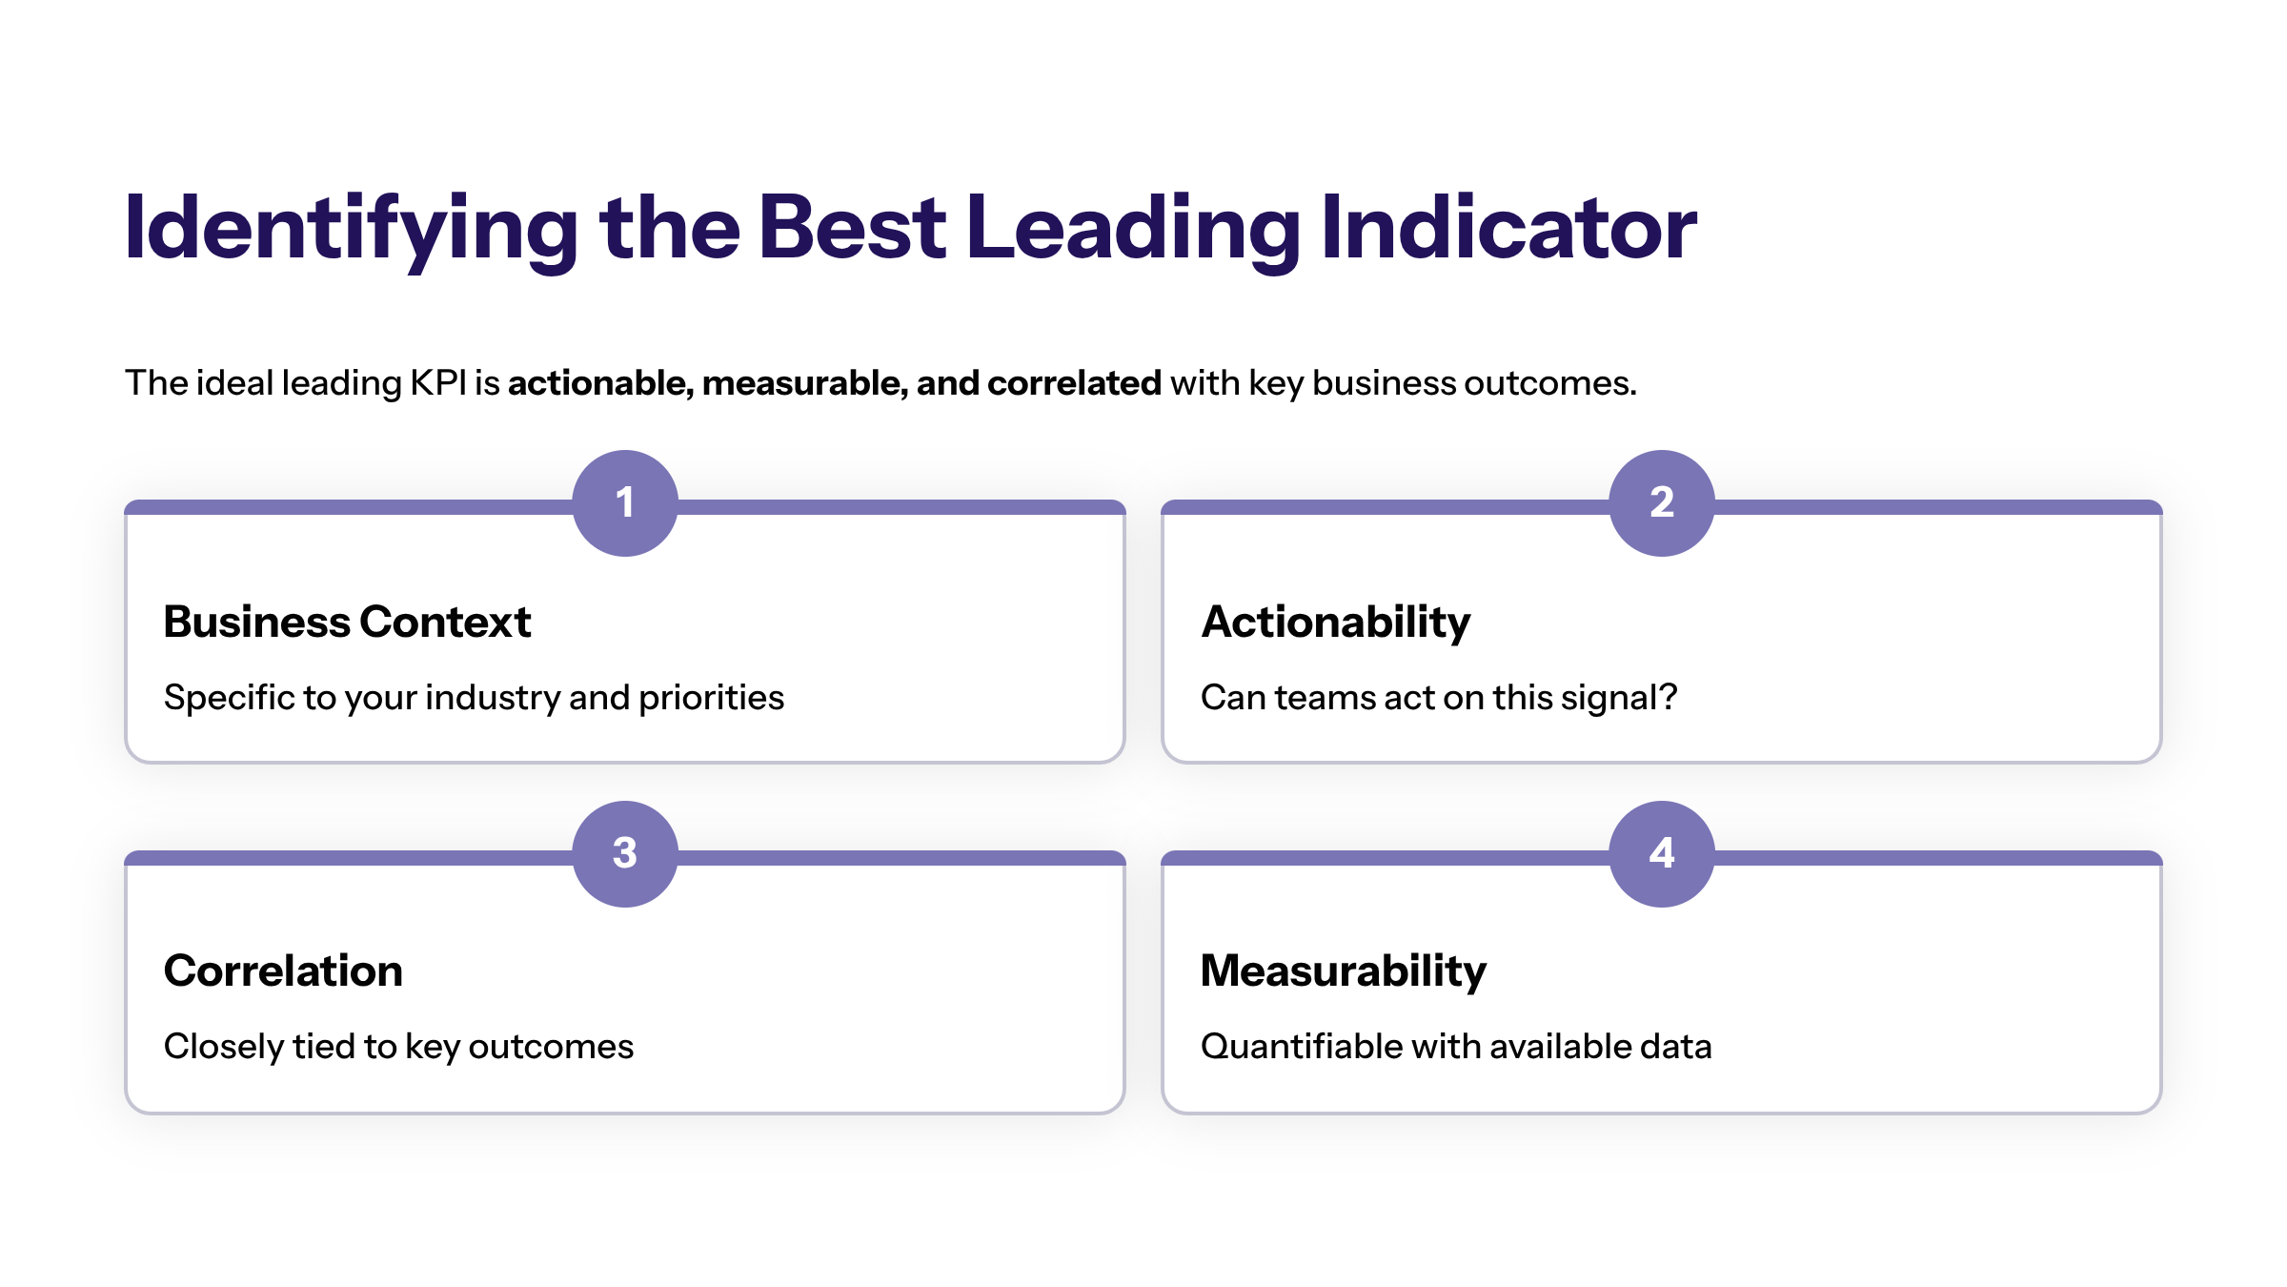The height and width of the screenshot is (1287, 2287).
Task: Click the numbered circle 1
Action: pos(625,503)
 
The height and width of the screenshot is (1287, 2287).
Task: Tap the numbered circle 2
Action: pos(1662,503)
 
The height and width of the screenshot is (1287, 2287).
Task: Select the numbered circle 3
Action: pos(625,854)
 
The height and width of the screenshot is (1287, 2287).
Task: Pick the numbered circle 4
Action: pos(1662,854)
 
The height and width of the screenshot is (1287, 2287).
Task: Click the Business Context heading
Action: pos(347,622)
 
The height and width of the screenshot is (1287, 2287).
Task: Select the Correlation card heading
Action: pos(283,971)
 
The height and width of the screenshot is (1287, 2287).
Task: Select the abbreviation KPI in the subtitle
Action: pos(438,383)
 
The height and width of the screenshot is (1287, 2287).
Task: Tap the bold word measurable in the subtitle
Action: pos(803,383)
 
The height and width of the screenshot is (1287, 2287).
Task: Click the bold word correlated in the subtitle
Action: pos(1074,383)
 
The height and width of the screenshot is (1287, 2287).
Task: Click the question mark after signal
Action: pos(1668,697)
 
